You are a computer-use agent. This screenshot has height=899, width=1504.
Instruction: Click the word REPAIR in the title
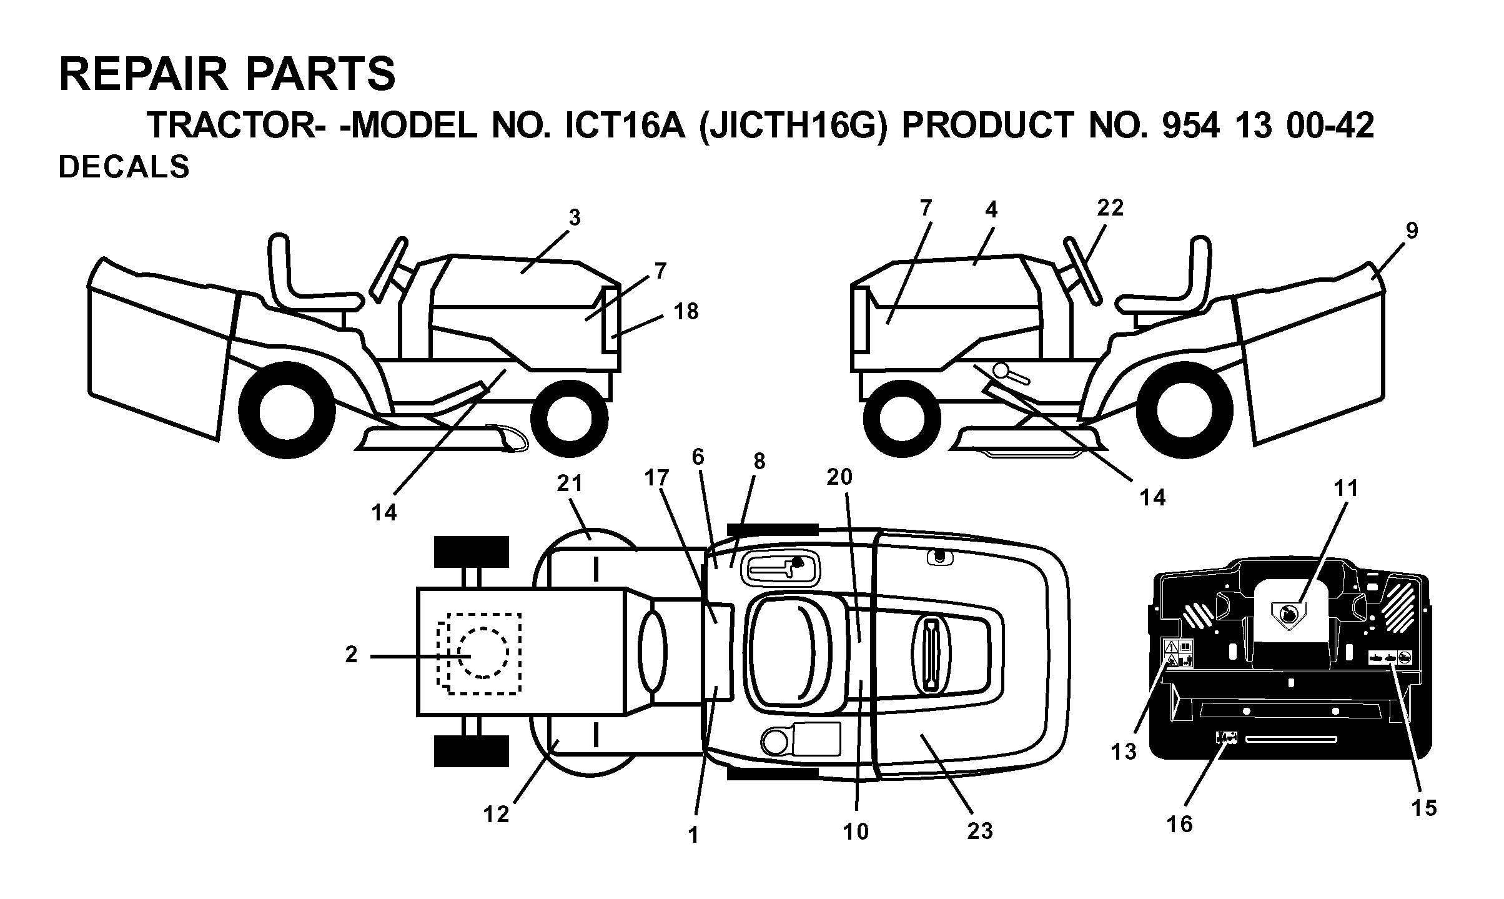tap(143, 74)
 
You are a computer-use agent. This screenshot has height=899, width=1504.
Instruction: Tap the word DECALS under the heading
tap(124, 167)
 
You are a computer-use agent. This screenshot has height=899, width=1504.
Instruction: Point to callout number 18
tap(686, 311)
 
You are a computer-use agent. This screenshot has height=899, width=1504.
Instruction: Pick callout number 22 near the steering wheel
tap(1110, 208)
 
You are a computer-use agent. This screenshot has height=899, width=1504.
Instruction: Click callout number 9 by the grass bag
tap(1412, 231)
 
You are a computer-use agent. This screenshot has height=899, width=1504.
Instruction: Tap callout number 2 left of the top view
tap(352, 654)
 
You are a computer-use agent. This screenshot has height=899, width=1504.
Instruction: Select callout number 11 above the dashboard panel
tap(1346, 489)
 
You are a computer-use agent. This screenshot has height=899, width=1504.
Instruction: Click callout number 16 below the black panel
tap(1180, 824)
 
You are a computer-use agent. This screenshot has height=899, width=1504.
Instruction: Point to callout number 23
tap(979, 831)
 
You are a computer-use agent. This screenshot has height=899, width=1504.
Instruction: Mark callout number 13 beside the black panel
tap(1124, 752)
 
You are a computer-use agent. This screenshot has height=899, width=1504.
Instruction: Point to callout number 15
tap(1424, 808)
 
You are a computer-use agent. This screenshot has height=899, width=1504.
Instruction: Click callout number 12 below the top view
tap(497, 814)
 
